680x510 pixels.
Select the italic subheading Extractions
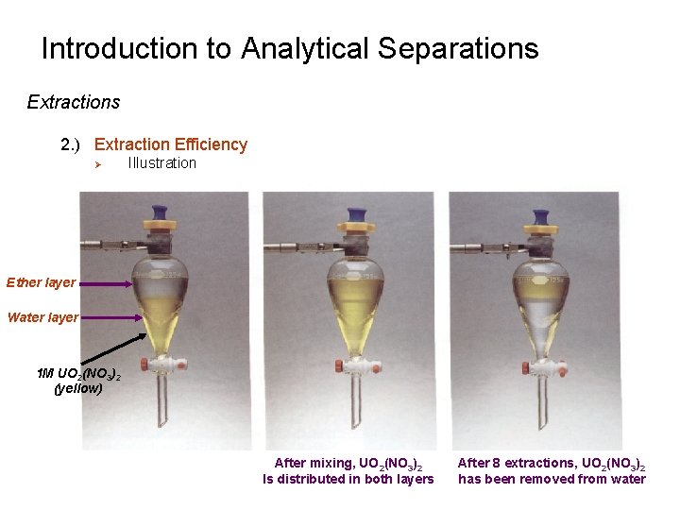point(74,101)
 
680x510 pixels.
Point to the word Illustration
point(161,163)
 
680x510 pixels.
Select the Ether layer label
point(41,282)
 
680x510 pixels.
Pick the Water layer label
point(42,317)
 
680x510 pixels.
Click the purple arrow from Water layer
point(110,317)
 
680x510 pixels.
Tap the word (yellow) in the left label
point(78,387)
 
